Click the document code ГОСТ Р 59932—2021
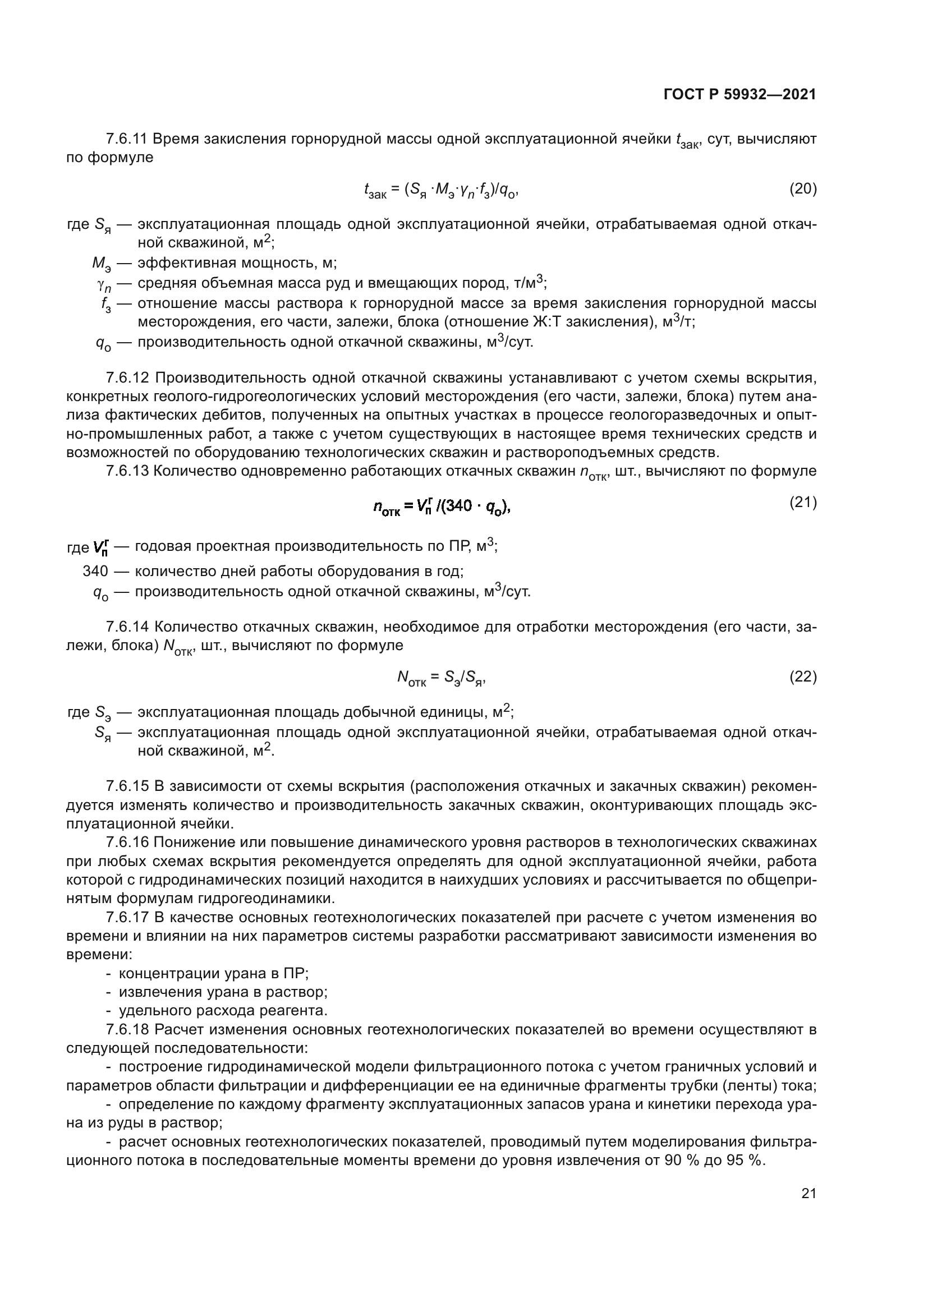click(x=739, y=94)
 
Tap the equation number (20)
click(x=802, y=188)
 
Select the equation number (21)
click(x=802, y=502)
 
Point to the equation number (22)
click(x=802, y=676)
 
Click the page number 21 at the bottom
click(x=808, y=1193)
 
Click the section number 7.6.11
click(x=127, y=139)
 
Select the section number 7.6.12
click(x=127, y=378)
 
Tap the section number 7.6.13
click(x=127, y=471)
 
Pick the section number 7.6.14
click(x=127, y=627)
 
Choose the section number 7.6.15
click(x=127, y=786)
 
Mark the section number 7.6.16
click(x=127, y=842)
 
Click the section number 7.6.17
click(x=127, y=917)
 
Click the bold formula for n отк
click(x=440, y=507)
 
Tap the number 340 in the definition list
click(x=95, y=571)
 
